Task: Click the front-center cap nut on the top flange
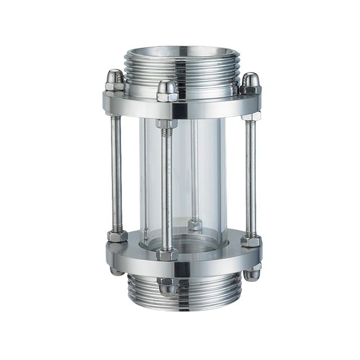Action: click(167, 91)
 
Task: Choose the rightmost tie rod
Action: click(249, 174)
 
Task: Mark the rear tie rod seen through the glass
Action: click(193, 169)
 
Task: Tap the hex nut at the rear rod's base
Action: click(194, 225)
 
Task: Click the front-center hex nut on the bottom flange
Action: click(167, 254)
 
